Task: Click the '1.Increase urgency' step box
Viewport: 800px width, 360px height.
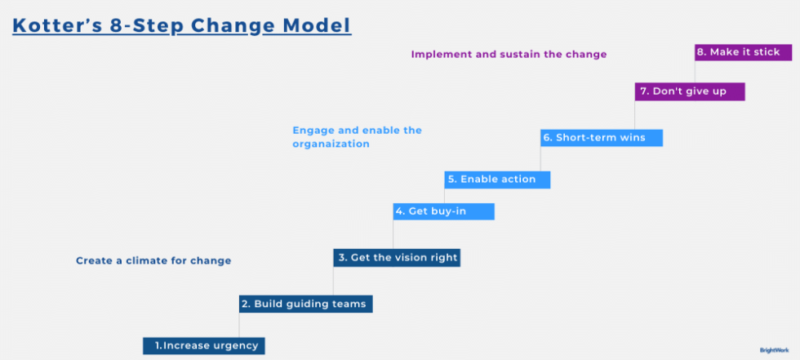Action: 204,345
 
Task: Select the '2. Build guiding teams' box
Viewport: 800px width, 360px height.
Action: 306,304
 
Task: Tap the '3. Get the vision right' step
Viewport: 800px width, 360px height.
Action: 398,257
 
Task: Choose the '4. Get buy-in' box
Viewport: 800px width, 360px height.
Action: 444,211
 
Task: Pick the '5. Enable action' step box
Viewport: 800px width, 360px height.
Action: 497,179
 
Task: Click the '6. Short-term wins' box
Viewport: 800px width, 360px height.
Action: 601,137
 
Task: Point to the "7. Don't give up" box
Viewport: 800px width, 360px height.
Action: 690,91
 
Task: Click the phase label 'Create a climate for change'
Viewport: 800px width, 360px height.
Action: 153,261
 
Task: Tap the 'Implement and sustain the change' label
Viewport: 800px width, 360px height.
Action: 509,55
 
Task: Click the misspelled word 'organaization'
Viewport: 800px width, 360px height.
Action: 331,144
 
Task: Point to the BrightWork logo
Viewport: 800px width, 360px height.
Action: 774,349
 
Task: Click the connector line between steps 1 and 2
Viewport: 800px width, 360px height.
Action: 240,325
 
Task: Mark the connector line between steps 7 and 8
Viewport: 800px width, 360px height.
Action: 696,71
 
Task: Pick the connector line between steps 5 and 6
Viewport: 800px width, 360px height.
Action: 541,158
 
